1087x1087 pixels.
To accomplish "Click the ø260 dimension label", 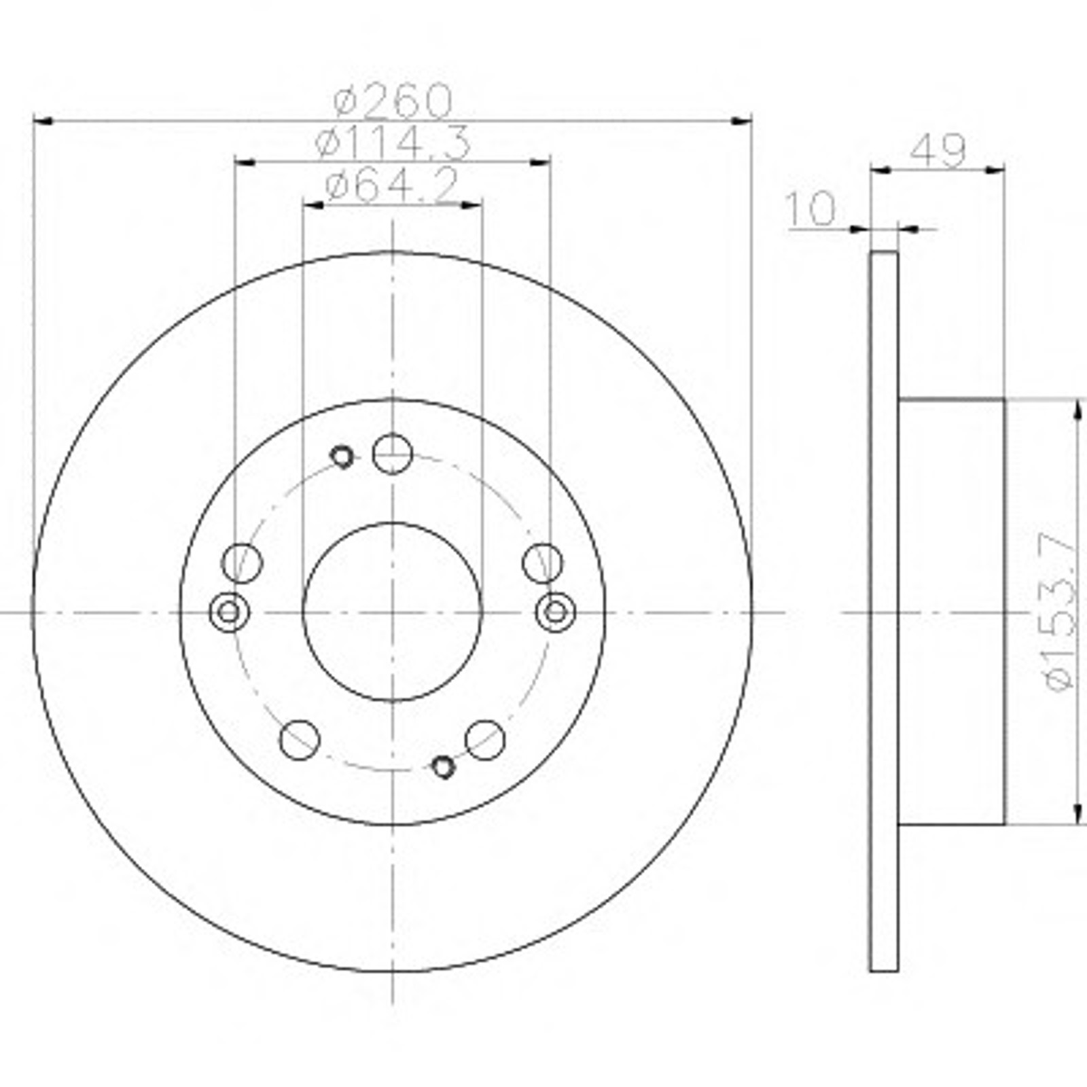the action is [393, 101].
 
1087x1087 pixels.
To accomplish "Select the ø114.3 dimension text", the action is [393, 143].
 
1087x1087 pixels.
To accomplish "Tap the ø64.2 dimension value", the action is [392, 185].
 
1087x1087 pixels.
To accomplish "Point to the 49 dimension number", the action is [938, 150].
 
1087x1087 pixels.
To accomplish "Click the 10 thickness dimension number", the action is [810, 208].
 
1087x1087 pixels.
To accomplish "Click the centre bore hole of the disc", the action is [393, 611].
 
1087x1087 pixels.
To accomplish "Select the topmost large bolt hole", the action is [393, 453].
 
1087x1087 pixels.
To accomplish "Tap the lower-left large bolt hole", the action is [300, 740].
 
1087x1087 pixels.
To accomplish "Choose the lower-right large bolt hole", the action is [485, 740].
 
